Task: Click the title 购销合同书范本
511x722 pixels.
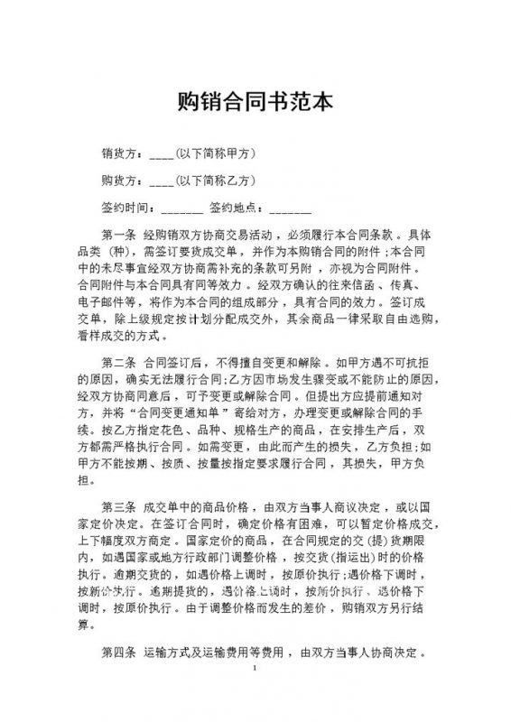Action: click(255, 100)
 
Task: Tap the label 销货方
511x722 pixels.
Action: click(120, 152)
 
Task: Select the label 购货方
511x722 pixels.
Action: click(120, 179)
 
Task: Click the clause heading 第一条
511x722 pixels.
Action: click(119, 234)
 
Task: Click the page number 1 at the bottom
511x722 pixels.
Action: click(255, 669)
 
